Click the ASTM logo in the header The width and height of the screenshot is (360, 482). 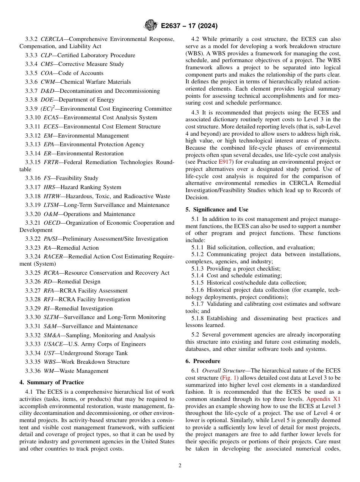click(150, 26)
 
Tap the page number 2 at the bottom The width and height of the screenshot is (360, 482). click(180, 466)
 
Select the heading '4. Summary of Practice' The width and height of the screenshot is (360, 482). click(52, 382)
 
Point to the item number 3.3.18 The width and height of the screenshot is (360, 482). click(33, 196)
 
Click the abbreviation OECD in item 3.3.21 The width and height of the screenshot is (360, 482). click(53, 223)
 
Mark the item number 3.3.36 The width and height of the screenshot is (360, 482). click(33, 371)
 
